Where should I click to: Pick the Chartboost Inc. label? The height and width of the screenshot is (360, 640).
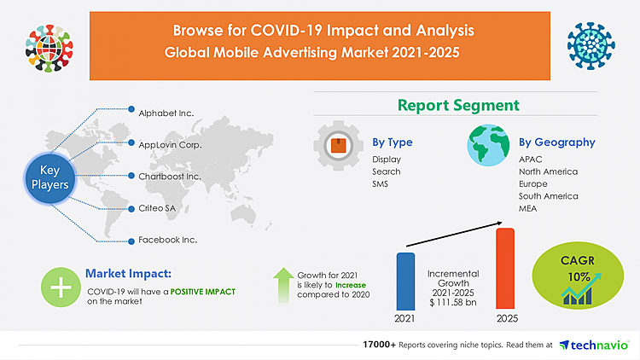point(170,176)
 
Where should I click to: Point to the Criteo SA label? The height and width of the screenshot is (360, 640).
point(157,208)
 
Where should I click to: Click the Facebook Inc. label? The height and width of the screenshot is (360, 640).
point(168,240)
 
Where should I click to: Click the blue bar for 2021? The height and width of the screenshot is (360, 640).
point(406,281)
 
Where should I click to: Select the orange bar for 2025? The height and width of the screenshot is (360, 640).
point(505,269)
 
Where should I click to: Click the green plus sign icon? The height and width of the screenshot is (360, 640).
point(61,287)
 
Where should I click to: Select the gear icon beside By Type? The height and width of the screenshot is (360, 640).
point(339,146)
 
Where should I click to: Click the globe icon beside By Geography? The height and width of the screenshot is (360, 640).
point(488,146)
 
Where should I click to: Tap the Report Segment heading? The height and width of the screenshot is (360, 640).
point(457,106)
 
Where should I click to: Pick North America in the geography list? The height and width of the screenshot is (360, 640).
point(548,171)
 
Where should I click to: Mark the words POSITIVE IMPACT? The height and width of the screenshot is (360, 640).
point(201,292)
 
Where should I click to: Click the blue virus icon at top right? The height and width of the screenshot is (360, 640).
point(591,43)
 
